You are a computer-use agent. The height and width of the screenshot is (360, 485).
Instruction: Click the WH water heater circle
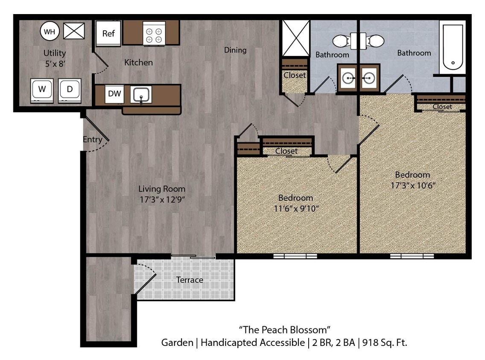click(50, 31)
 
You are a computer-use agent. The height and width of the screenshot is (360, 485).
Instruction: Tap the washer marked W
click(42, 90)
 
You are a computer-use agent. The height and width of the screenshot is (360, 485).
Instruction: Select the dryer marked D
click(70, 90)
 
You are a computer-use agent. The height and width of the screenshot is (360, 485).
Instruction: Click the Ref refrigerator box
click(108, 33)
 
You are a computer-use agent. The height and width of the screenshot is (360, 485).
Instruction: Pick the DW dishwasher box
click(114, 94)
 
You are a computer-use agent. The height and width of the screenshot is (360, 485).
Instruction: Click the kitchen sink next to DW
click(141, 94)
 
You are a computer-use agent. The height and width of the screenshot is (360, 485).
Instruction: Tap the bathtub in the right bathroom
click(453, 47)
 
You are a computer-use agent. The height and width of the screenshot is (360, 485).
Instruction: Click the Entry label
click(92, 139)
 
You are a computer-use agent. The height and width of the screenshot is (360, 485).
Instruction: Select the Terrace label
click(190, 280)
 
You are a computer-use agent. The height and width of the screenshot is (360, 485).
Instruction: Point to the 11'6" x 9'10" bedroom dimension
click(295, 209)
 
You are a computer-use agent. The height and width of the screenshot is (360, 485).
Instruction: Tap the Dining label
click(235, 50)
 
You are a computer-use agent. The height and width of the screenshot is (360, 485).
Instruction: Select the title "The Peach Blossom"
click(284, 329)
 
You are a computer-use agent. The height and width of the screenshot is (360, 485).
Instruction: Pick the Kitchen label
click(138, 63)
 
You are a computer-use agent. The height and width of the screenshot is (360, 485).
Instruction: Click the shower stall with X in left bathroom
click(295, 38)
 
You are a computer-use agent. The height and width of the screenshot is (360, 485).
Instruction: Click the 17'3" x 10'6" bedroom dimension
click(412, 186)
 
